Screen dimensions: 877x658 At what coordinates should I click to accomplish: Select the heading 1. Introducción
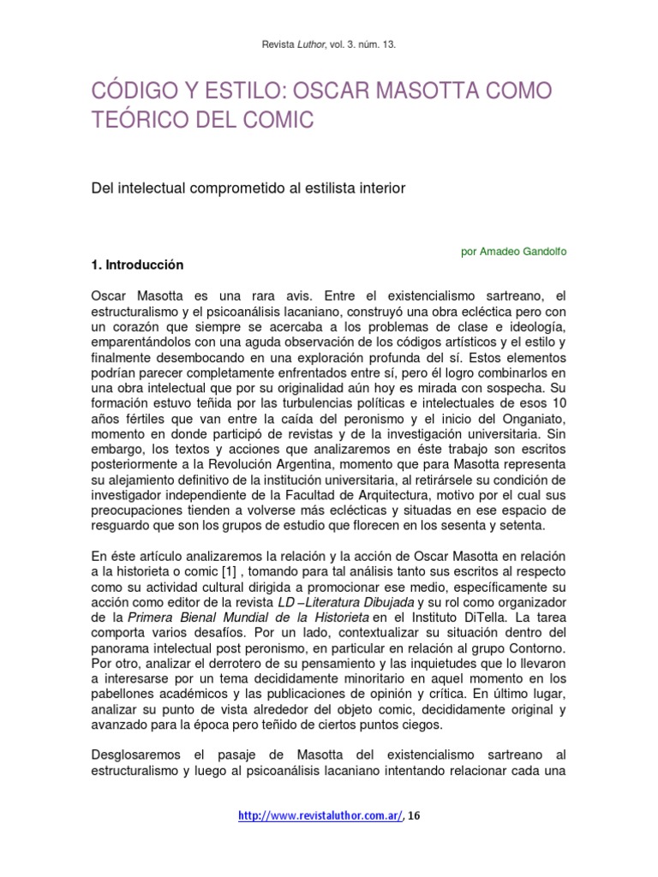point(137,265)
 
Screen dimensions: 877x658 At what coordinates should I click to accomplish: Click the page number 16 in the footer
point(414,816)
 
